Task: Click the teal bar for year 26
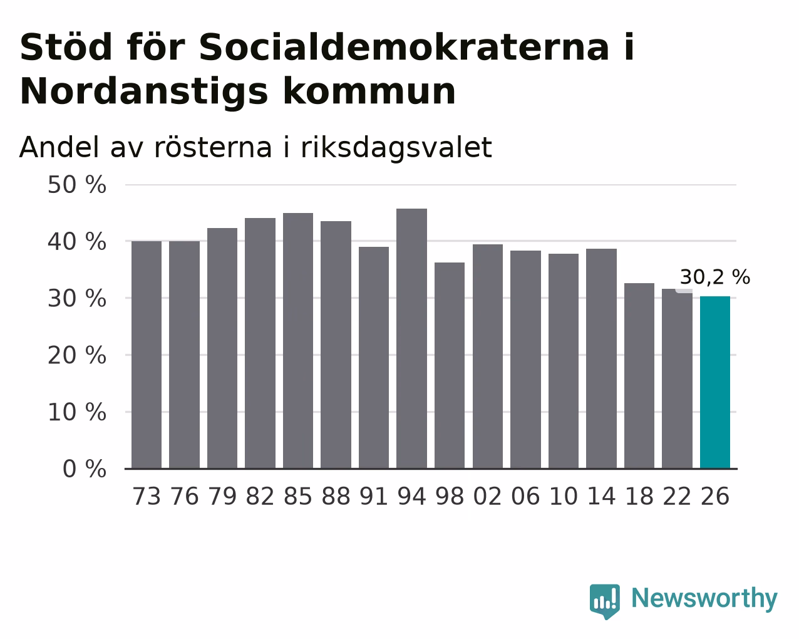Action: [x=714, y=382]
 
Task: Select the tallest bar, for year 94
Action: [x=411, y=338]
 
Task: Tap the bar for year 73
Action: [x=147, y=355]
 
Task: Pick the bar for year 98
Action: [x=449, y=366]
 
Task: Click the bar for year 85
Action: [x=298, y=341]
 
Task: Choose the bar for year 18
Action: [x=639, y=376]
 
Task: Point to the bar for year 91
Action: [x=373, y=358]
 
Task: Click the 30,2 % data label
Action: [x=714, y=277]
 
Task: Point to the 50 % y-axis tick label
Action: [x=77, y=185]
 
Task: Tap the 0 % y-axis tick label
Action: [x=85, y=469]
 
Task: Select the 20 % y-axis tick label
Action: [x=77, y=356]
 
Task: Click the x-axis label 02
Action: [x=488, y=496]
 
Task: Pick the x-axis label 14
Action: [x=601, y=496]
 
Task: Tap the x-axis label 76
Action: [x=184, y=496]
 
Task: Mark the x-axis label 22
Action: [x=677, y=496]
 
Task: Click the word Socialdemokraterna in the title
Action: [x=404, y=47]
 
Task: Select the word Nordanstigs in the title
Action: [x=143, y=91]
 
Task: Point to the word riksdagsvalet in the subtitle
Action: [x=396, y=147]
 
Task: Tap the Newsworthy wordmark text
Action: [x=704, y=599]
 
